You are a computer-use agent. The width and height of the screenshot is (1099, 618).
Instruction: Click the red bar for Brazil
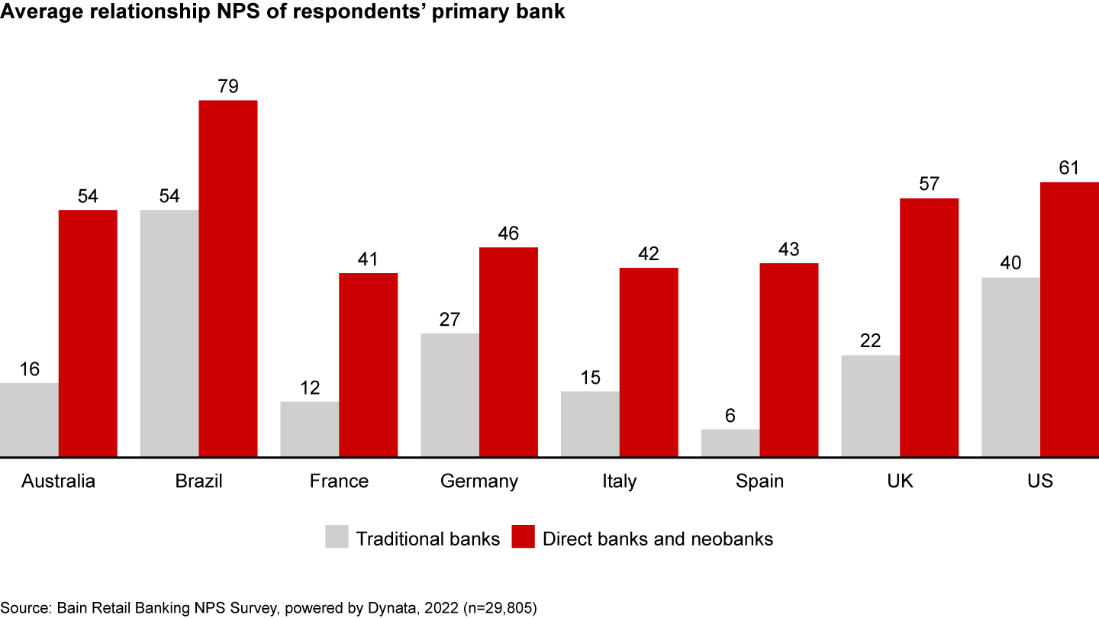(228, 278)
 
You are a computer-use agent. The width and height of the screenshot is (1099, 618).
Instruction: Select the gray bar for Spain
(730, 443)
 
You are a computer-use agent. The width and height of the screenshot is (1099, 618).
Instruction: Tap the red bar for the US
(1069, 320)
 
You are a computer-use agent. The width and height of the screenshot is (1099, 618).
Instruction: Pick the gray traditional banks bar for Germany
(450, 395)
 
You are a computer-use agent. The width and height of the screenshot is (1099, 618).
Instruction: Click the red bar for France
(368, 365)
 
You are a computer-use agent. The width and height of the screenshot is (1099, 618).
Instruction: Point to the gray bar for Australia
(29, 420)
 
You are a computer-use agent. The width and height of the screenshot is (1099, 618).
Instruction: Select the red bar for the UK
(929, 327)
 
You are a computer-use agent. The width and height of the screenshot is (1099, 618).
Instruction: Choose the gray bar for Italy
(590, 424)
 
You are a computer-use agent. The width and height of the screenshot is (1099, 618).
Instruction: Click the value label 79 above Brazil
(228, 86)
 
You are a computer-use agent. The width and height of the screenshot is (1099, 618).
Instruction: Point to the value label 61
(1069, 168)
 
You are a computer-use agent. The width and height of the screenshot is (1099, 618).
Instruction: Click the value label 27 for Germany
(450, 319)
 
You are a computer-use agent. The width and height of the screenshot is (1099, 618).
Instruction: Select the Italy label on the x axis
(619, 481)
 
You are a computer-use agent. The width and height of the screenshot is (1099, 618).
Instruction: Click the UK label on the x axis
(900, 481)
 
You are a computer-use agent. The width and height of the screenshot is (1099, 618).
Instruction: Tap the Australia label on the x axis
(59, 481)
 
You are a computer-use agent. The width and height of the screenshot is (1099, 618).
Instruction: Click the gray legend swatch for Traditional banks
(336, 536)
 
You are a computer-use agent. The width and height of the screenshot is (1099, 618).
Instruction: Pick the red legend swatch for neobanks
(522, 536)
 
